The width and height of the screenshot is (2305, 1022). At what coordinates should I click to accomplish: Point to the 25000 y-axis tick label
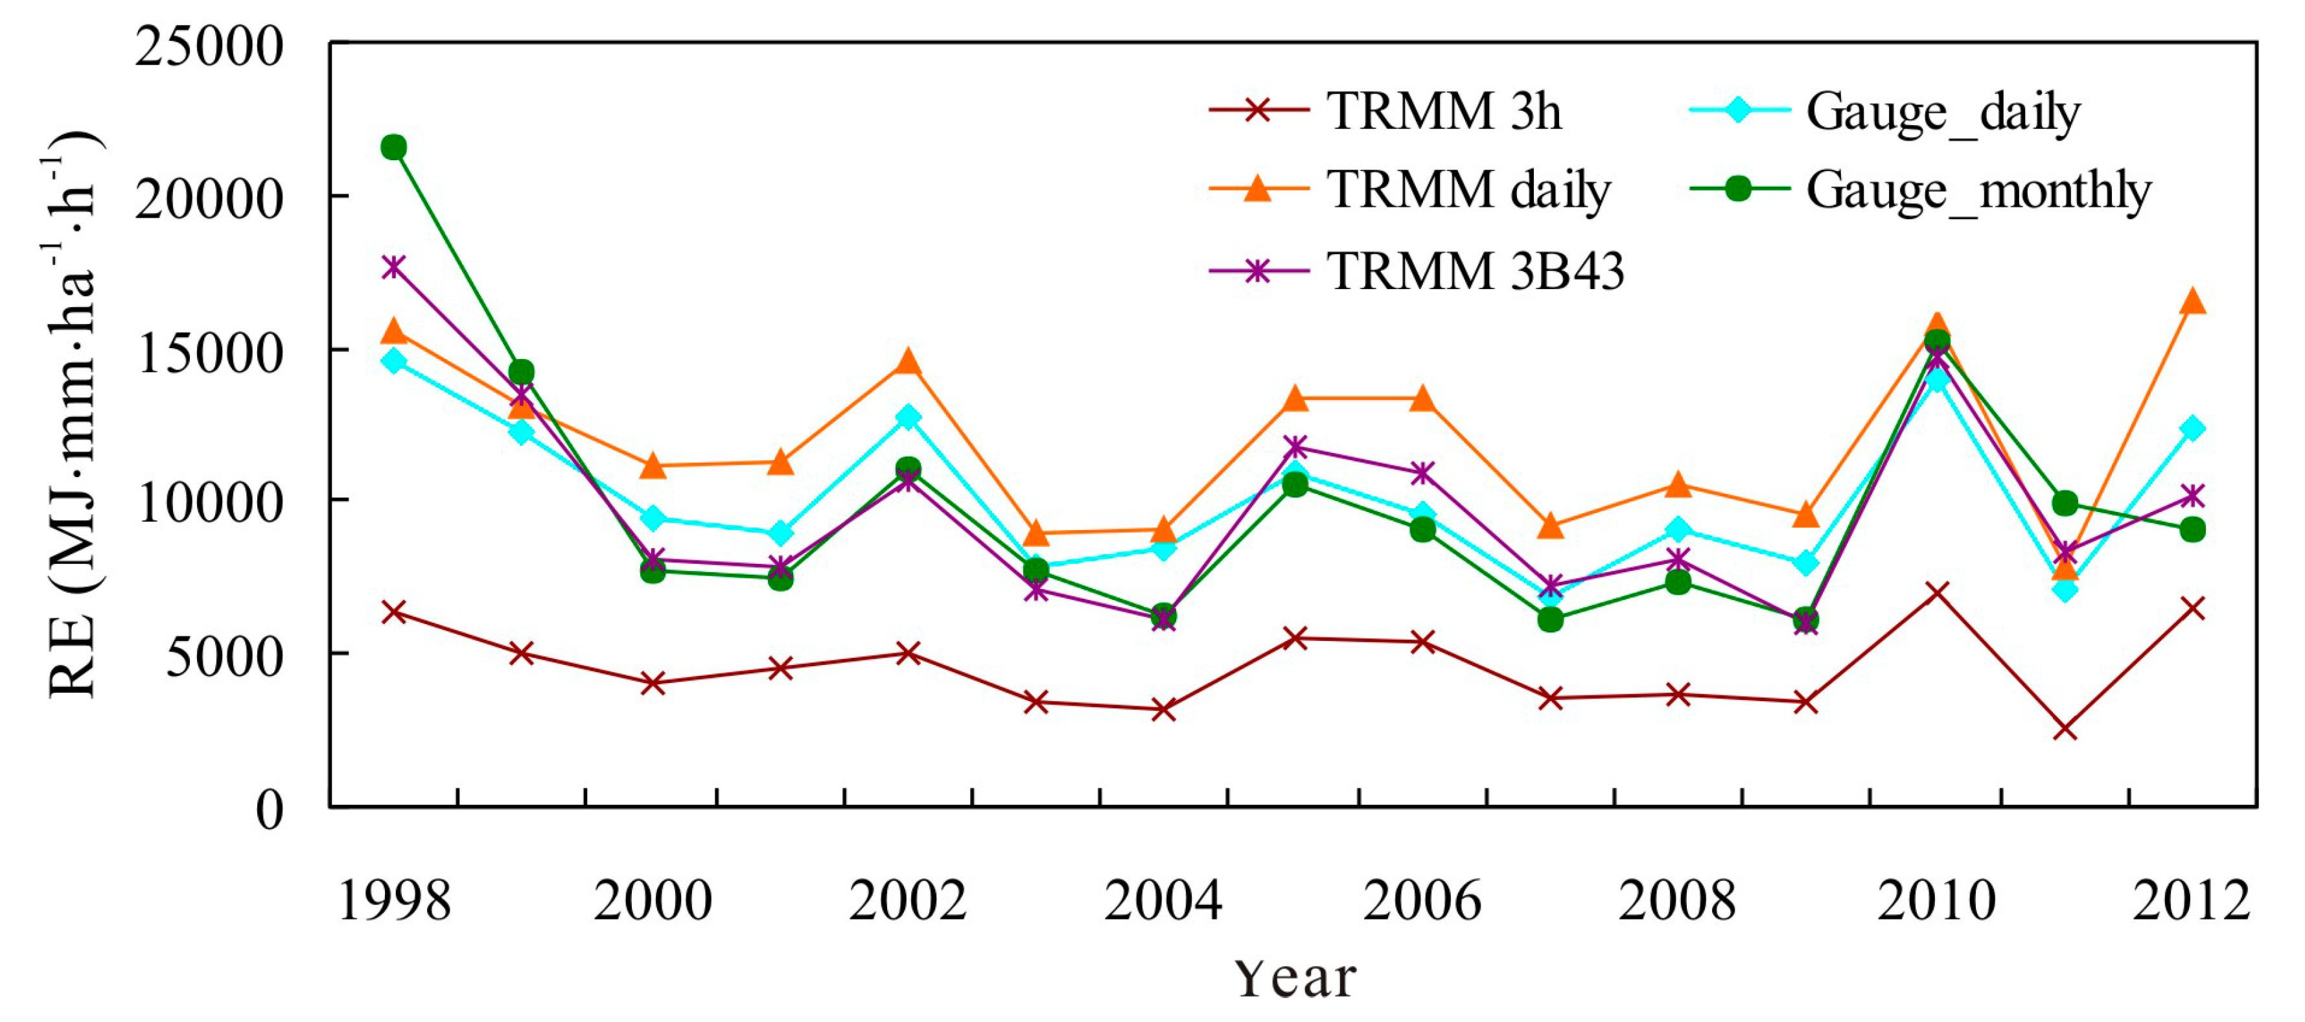click(x=209, y=47)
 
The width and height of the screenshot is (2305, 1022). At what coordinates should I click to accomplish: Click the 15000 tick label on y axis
click(x=209, y=353)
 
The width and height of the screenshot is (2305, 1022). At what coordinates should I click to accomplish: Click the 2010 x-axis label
click(x=1936, y=900)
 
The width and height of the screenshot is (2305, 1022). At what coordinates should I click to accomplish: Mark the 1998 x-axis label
click(x=394, y=900)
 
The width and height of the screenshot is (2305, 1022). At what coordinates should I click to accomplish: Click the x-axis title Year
click(x=1295, y=977)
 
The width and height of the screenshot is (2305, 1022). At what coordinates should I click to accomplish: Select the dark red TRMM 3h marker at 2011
click(x=2065, y=729)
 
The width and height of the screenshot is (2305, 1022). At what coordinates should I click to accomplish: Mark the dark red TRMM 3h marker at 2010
click(x=1936, y=592)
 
